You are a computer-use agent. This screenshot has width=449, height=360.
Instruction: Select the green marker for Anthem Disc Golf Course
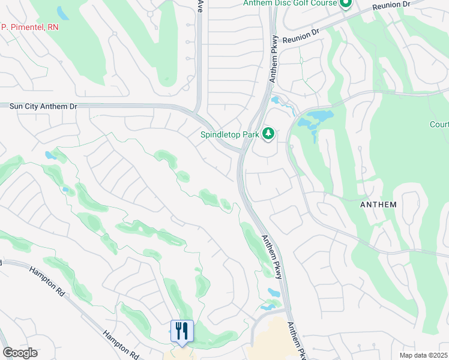tap(345, 4)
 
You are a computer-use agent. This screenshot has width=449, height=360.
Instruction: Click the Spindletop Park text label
tap(229, 135)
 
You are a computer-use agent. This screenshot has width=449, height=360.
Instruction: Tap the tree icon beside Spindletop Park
tap(268, 134)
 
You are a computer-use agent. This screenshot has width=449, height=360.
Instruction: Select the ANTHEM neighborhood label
tap(378, 205)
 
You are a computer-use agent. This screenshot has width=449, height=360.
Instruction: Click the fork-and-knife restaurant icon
tap(182, 331)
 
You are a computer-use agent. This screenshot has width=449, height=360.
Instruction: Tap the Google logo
tap(19, 353)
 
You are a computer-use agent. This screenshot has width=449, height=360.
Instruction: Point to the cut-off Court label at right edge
tap(439, 125)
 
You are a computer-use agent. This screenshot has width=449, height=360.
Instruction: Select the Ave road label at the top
tap(200, 5)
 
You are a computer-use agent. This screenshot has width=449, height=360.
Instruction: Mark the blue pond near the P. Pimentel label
tap(62, 12)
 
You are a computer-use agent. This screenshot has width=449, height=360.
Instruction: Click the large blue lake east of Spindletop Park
tap(316, 120)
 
